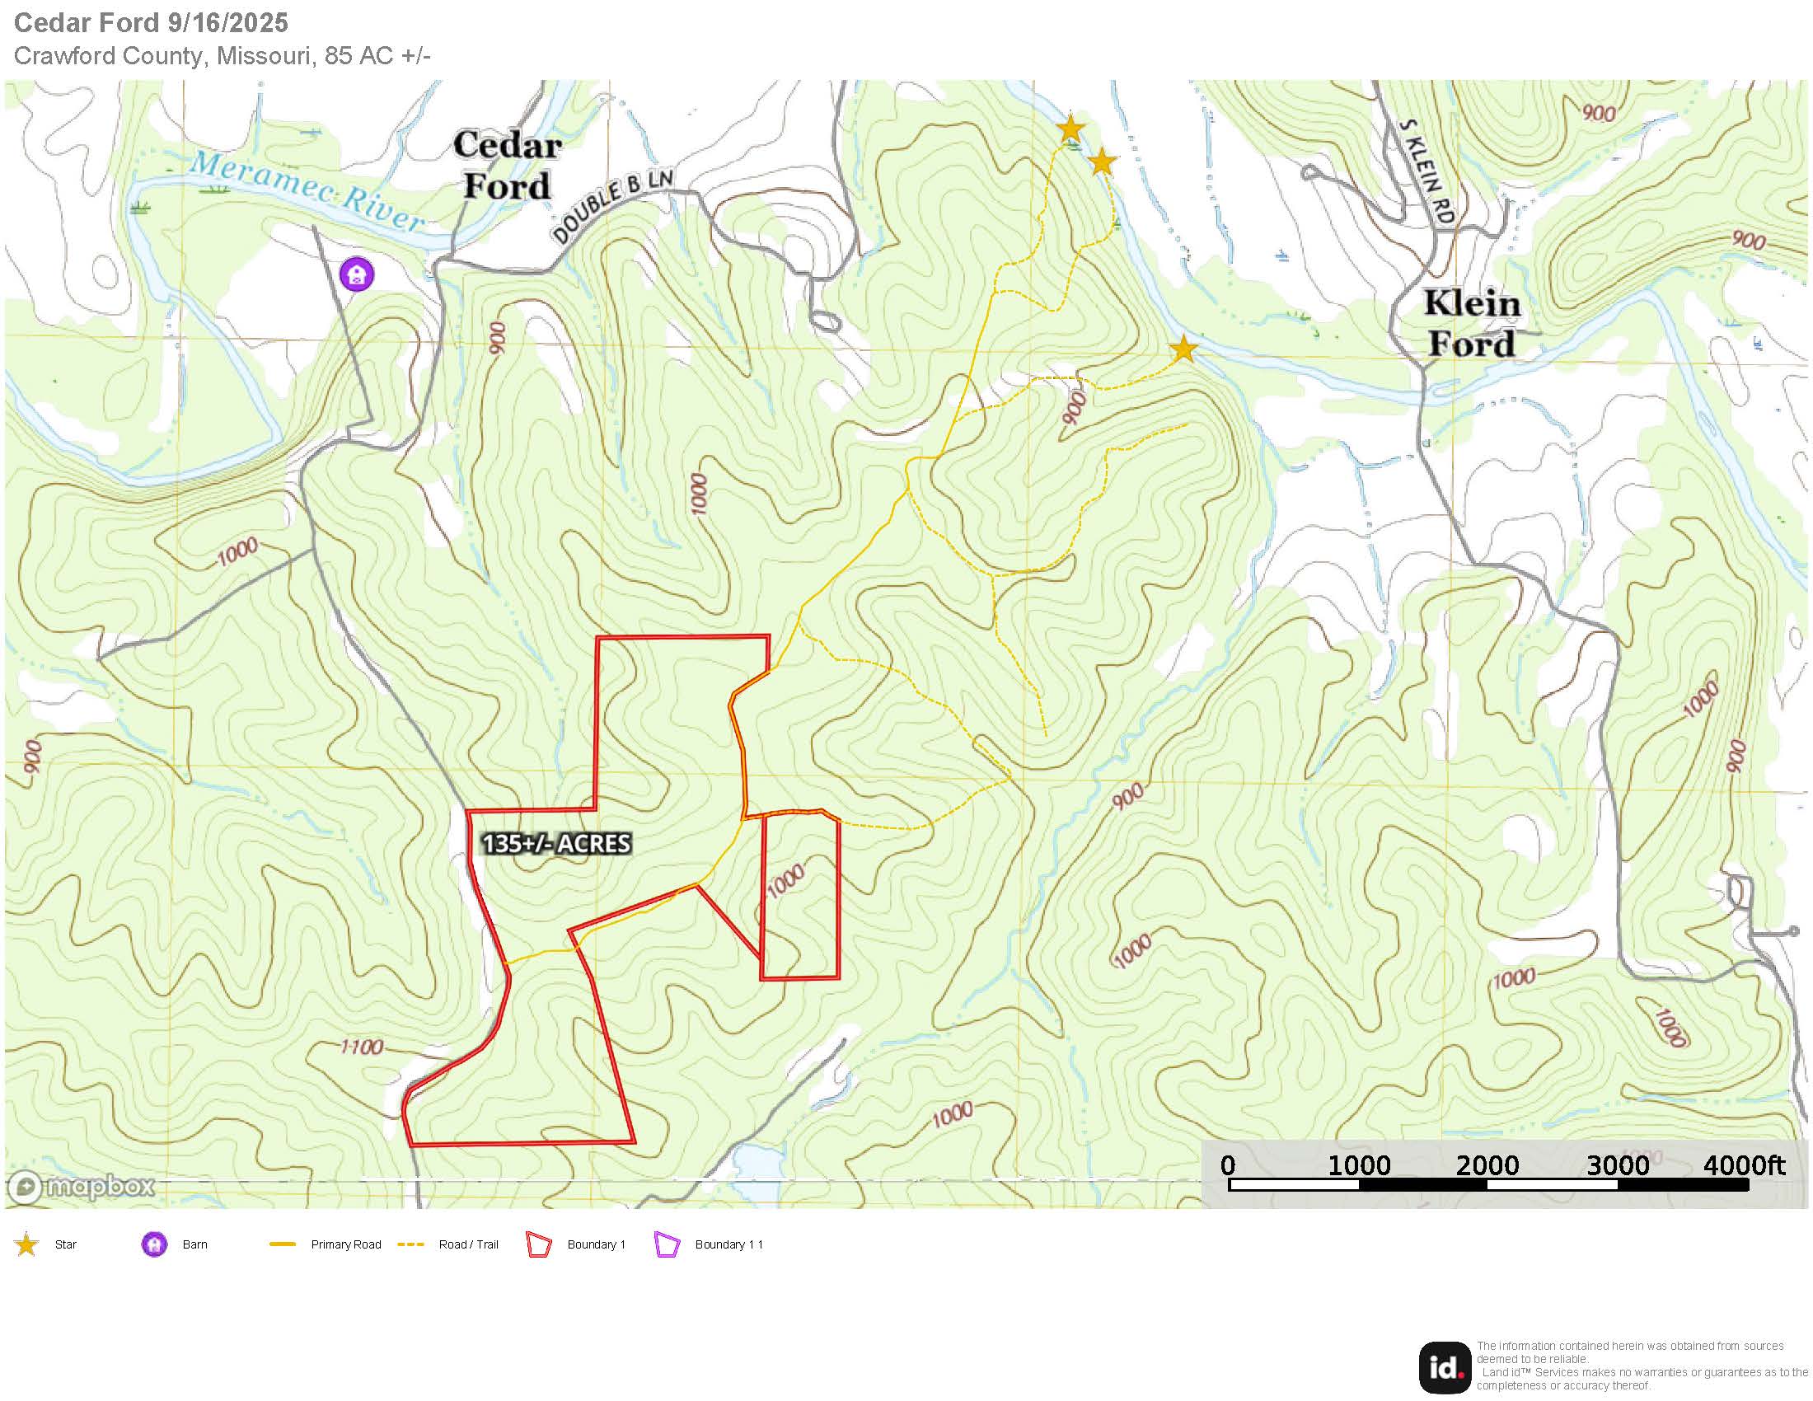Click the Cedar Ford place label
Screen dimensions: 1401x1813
pos(506,166)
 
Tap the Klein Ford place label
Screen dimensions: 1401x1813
pos(1472,324)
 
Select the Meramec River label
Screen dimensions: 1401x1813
pos(307,192)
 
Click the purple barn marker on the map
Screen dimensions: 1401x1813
pos(358,273)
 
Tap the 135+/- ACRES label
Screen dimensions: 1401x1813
pos(556,843)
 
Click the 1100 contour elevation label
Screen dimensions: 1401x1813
pos(362,1047)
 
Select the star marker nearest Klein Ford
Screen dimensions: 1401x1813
pos(1183,349)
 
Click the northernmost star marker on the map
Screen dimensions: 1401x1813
pos(1070,129)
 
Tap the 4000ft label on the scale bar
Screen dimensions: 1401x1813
pos(1743,1165)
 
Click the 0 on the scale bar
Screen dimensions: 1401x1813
pos(1228,1165)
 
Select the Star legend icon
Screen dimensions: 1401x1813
pos(26,1244)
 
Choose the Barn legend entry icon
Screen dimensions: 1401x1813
pos(153,1244)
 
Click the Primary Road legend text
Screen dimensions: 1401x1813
pos(345,1244)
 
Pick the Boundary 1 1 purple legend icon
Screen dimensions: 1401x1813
pos(668,1245)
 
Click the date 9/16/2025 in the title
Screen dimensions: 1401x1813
pos(227,22)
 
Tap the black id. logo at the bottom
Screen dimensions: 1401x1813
pos(1444,1367)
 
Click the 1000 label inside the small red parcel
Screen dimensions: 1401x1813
pos(785,881)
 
